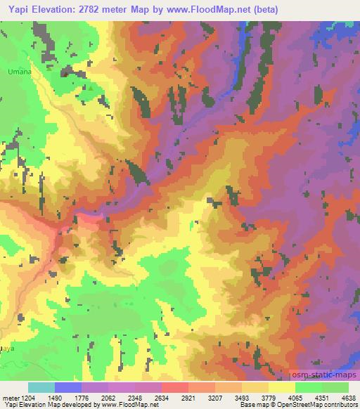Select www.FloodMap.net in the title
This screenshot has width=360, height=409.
(x=218, y=10)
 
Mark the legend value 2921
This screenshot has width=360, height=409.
(x=188, y=397)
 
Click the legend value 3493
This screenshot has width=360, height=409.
(x=243, y=397)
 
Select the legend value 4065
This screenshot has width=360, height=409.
(x=295, y=397)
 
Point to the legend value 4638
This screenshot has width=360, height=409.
(x=349, y=397)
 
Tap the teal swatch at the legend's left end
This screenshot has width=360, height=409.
(x=41, y=387)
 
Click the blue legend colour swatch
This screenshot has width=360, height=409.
(x=68, y=387)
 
